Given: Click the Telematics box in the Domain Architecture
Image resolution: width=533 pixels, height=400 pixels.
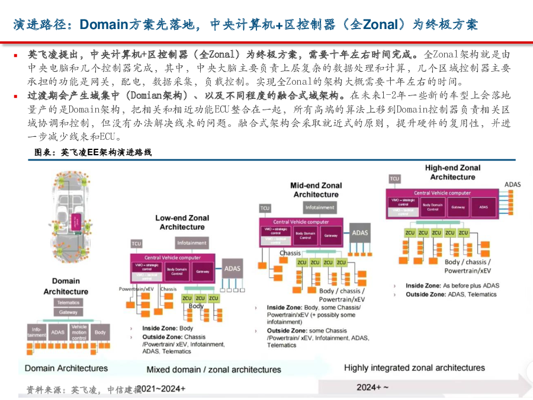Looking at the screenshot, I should [x=68, y=302].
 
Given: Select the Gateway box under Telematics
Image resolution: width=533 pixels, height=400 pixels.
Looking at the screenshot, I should [x=68, y=312].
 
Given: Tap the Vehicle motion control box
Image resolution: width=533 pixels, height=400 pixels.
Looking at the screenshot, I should [x=79, y=332].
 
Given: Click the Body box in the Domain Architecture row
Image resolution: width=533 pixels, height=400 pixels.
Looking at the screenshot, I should [x=100, y=332].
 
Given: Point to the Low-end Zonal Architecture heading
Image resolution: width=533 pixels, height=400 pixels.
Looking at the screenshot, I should [x=182, y=222].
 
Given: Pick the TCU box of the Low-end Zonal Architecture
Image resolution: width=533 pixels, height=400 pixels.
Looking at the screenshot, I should [x=137, y=244].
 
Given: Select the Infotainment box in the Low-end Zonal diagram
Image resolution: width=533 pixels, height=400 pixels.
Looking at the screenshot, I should [x=191, y=243].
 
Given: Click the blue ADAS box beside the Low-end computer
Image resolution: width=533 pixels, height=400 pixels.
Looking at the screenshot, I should [x=233, y=269].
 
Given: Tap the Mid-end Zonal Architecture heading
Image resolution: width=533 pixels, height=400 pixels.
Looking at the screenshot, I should [x=316, y=190].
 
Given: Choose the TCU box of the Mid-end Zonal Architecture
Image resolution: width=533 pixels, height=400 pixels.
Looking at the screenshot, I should [x=265, y=208].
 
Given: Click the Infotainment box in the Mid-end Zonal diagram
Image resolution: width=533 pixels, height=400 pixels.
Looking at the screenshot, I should [x=320, y=208].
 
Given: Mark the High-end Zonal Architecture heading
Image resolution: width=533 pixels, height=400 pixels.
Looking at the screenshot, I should [x=452, y=172].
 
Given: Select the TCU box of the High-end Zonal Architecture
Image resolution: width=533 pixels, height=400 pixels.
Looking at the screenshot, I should [x=394, y=178].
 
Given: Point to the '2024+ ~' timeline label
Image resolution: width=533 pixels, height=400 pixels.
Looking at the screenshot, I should [x=373, y=387].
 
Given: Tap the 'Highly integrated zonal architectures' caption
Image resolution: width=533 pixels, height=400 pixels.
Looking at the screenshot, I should [x=414, y=368].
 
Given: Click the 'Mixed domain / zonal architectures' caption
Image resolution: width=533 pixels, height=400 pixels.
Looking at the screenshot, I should [x=214, y=370].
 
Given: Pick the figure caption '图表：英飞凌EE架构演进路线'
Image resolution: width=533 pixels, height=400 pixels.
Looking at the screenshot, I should [x=93, y=152].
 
